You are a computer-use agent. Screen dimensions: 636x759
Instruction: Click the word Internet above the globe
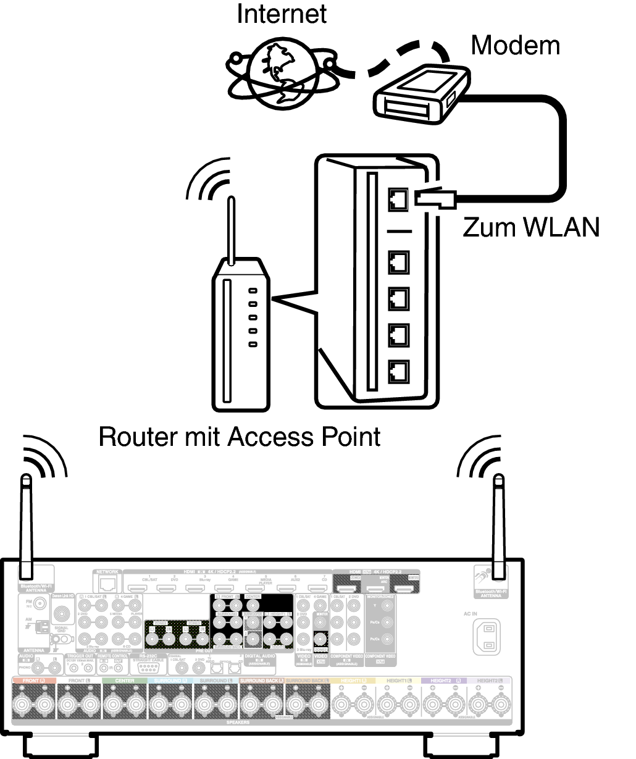282,14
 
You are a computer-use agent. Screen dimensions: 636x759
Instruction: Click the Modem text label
515,45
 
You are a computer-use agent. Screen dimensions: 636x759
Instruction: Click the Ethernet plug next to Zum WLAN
435,198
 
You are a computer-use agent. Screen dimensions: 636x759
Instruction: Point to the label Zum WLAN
531,227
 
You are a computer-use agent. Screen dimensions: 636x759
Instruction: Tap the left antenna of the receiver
26,525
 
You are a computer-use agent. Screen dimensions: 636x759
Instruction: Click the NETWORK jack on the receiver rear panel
107,584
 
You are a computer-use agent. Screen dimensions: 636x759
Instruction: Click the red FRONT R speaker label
34,681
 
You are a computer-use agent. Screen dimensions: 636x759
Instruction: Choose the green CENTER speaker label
125,681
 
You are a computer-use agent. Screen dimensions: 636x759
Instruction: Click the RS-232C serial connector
147,668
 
